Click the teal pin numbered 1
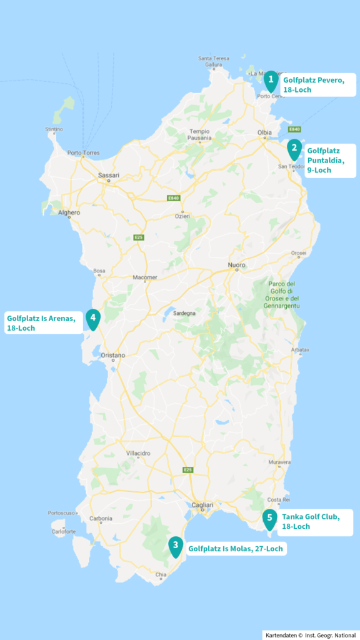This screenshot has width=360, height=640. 271,80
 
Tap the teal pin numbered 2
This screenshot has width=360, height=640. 294,149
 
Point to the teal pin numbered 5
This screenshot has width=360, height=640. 269,518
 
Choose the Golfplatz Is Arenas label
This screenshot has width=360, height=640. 42,323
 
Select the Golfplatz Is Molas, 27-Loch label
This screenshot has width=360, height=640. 236,549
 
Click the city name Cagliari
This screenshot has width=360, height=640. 202,505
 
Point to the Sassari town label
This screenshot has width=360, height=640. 109,176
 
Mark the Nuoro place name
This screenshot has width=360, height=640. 237,265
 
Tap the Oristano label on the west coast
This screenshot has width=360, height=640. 113,355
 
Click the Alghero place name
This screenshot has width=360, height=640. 69,212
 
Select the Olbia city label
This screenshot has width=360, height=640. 264,132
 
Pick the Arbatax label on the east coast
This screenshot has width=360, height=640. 301,349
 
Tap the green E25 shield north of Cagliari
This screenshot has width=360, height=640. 187,469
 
